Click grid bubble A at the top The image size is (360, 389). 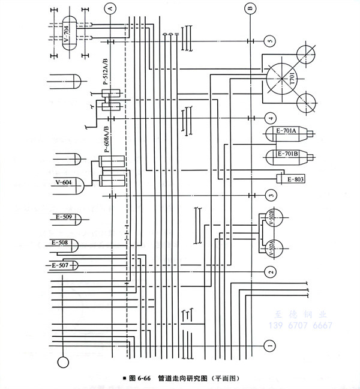[109, 8]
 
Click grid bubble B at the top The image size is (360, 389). [250, 8]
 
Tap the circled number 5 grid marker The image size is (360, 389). [269, 41]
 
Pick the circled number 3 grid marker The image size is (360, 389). [271, 195]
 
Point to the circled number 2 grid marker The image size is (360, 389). [271, 272]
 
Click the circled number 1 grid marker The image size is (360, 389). [270, 346]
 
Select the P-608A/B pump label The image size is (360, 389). [106, 140]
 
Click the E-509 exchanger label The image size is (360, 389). [62, 217]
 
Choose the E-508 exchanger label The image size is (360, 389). [60, 243]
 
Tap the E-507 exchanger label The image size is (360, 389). [60, 265]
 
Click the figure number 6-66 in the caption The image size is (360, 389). [145, 379]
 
